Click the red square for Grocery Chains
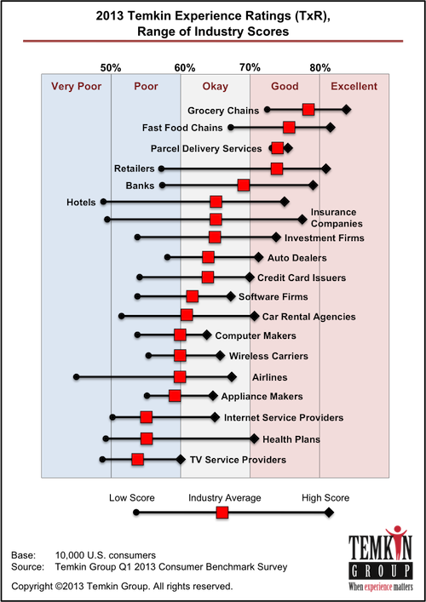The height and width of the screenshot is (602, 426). coord(308,109)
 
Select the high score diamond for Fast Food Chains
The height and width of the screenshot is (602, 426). coord(331,128)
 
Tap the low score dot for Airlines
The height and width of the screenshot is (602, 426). coord(76,376)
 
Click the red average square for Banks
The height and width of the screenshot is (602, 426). coord(244,185)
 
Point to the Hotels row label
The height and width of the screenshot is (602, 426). coord(80,202)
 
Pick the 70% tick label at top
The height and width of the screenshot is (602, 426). coord(250,66)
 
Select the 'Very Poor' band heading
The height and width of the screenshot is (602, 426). coord(76,86)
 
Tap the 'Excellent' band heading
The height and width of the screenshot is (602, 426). coord(354,86)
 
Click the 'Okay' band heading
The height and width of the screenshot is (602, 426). coord(215,86)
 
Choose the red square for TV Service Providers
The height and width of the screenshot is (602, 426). coord(137,459)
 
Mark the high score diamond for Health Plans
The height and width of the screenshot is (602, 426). coord(254,439)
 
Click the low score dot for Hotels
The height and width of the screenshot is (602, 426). coord(103,202)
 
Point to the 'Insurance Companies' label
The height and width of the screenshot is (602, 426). coord(333,217)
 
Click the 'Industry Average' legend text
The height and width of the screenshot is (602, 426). coord(224,497)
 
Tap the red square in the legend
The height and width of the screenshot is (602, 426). coord(222,513)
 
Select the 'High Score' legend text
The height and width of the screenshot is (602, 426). coord(325,497)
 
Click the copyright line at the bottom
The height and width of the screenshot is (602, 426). coord(121,586)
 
